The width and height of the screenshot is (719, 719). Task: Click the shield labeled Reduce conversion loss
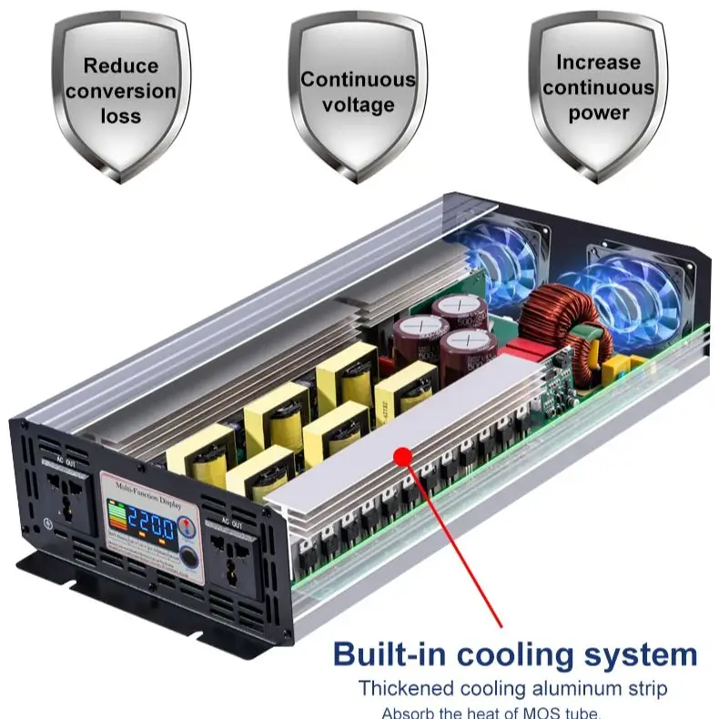pos(121,90)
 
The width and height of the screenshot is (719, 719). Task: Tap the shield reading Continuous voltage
pos(358,91)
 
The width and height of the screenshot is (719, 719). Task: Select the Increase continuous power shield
pos(598,88)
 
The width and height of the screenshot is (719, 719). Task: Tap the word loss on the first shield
pos(120,116)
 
